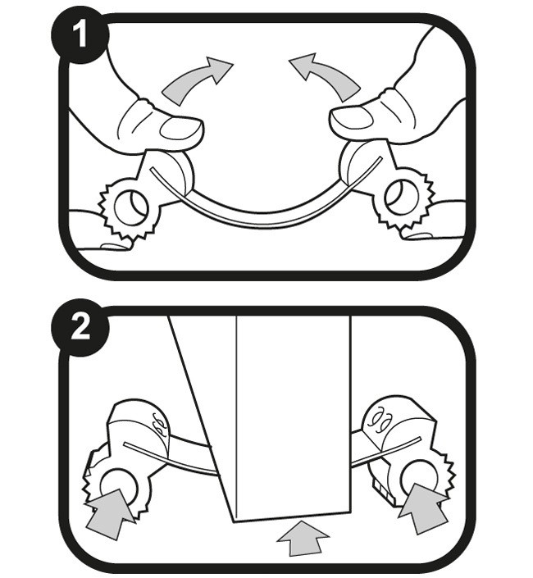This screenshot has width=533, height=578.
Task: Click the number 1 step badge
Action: (x=80, y=34)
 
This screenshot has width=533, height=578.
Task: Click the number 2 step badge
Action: (x=80, y=327)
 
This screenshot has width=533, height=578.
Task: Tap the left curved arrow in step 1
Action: (x=195, y=80)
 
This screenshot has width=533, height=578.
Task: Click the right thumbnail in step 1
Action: (x=350, y=117)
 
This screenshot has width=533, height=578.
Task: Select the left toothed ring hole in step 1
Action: (x=131, y=207)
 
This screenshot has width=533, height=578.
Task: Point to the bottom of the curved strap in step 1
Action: (x=263, y=219)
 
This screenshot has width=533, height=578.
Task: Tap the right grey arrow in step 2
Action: (x=423, y=508)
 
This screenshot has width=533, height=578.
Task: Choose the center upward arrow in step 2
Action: (x=303, y=538)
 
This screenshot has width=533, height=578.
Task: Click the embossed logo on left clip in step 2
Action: (x=159, y=422)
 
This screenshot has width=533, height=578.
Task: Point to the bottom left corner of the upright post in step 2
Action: (x=234, y=522)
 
